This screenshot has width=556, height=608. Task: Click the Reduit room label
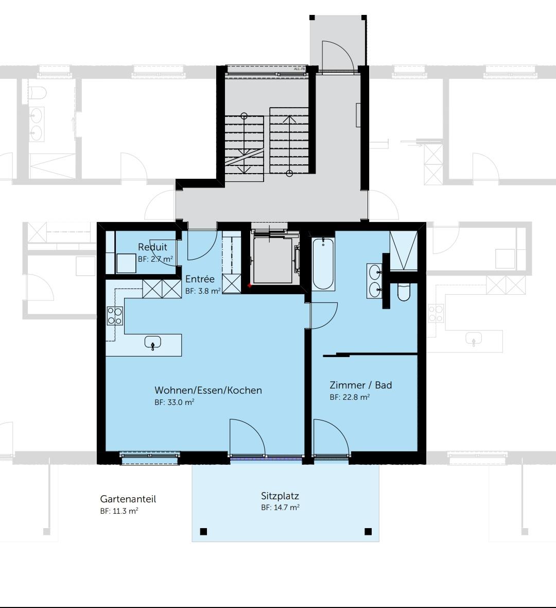click(152, 247)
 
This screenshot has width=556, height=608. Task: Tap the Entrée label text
click(200, 279)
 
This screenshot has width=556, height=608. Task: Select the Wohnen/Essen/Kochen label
click(208, 390)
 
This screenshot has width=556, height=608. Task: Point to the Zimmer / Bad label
click(360, 385)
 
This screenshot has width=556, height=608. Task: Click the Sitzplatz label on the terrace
click(280, 496)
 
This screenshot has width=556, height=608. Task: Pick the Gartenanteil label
click(128, 499)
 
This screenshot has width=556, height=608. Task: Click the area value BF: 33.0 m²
click(174, 402)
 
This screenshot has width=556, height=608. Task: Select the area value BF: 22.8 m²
click(350, 397)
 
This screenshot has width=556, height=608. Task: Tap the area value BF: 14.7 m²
click(280, 508)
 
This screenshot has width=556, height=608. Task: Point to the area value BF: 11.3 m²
click(119, 511)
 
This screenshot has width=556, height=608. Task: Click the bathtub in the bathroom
click(323, 263)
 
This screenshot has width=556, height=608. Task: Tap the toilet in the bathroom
click(404, 293)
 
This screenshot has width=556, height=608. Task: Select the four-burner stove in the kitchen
click(114, 315)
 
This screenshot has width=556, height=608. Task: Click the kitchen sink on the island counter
click(153, 342)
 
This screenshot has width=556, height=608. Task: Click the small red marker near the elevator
click(249, 285)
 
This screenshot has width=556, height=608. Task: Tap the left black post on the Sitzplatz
click(203, 531)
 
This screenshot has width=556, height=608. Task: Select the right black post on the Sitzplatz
click(368, 531)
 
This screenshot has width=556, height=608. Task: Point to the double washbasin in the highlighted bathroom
click(374, 281)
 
